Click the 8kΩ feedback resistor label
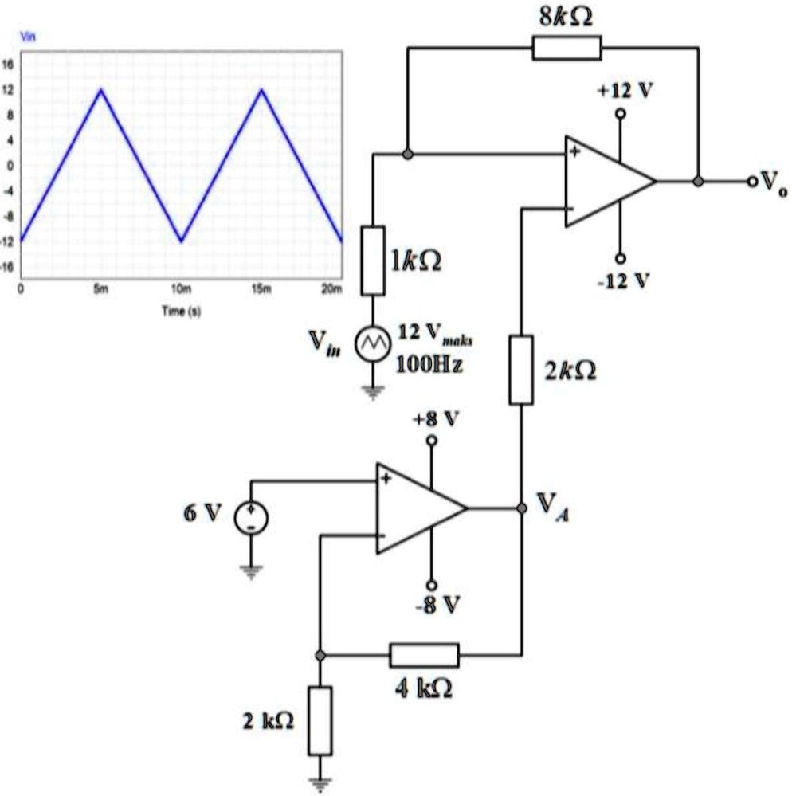point(567,15)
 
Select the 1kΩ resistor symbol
point(373,261)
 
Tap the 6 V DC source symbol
point(251,519)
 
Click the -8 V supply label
point(437,606)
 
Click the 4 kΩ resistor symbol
point(424,655)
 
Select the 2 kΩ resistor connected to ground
point(320,720)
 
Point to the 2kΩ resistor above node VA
point(520,370)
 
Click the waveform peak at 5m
point(100,90)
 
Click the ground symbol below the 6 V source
point(251,570)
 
